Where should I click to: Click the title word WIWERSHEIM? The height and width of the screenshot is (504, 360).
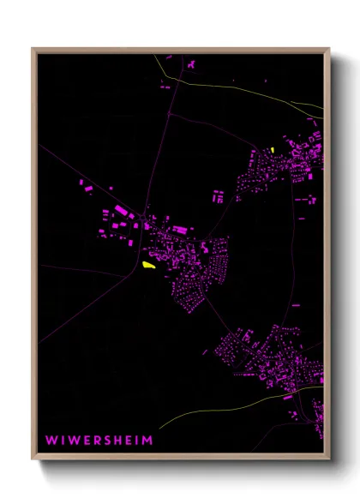point(99,440)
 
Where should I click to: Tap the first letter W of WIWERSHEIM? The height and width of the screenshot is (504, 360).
point(51,440)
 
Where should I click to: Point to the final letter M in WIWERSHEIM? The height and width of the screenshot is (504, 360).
point(148,440)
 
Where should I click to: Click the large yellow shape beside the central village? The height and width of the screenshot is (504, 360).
point(149,266)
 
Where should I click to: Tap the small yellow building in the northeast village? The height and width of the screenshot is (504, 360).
point(272,150)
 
